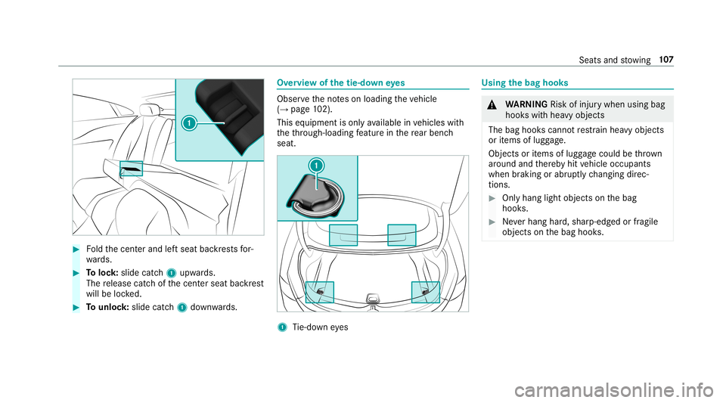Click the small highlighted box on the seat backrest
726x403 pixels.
[x=131, y=168]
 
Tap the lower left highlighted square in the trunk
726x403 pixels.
[x=319, y=292]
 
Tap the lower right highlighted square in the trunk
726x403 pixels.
[x=426, y=292]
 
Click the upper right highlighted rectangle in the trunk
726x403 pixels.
[x=402, y=235]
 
